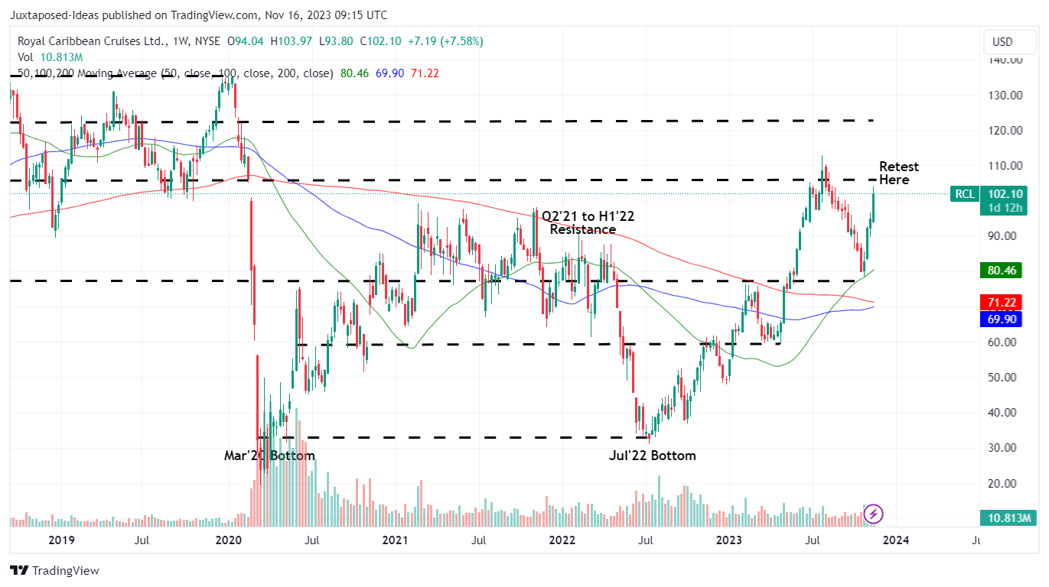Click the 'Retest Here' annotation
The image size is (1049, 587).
click(x=898, y=174)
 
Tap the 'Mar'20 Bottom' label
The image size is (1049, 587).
click(x=269, y=456)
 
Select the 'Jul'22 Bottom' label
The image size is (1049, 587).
click(x=652, y=456)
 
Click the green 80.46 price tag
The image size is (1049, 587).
click(x=1001, y=270)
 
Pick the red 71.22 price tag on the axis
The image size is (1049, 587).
click(x=1001, y=303)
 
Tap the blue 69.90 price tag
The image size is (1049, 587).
click(x=1001, y=319)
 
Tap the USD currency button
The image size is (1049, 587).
click(x=1002, y=41)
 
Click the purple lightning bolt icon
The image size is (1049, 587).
click(x=874, y=514)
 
